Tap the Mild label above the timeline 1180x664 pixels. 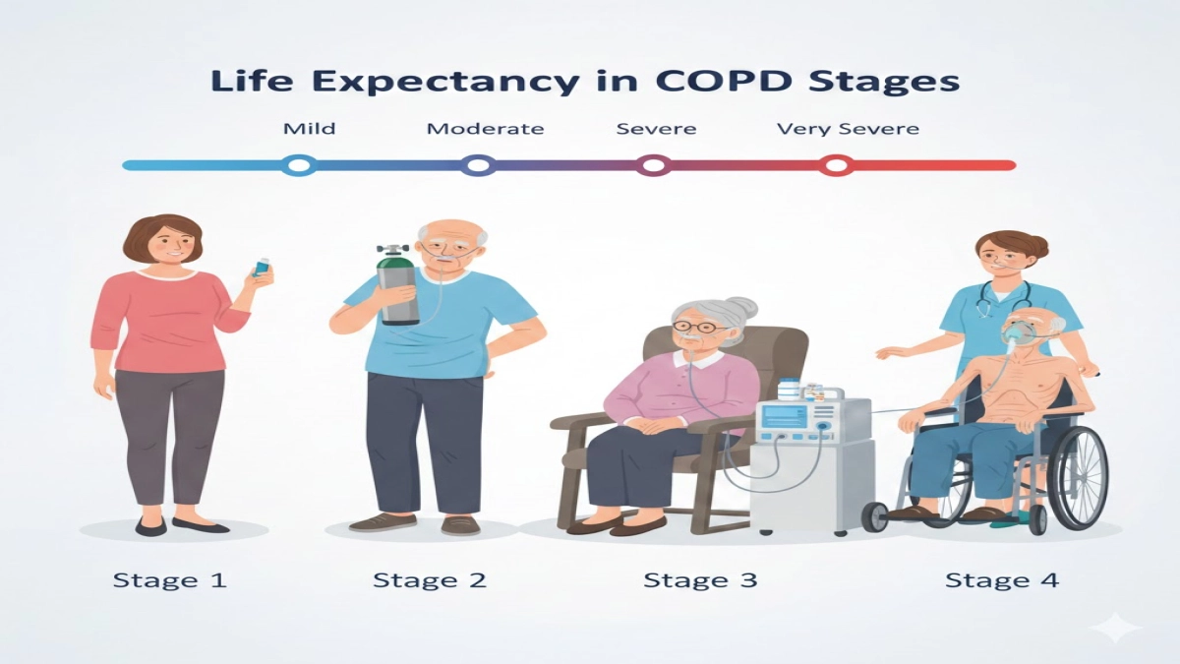click(x=309, y=129)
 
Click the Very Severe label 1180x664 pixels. click(x=848, y=129)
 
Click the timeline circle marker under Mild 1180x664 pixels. click(x=298, y=165)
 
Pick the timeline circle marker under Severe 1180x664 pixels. click(x=654, y=165)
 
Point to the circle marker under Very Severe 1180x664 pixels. click(x=836, y=165)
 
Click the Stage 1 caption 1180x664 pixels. click(x=170, y=579)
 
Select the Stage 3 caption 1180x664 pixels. click(x=700, y=579)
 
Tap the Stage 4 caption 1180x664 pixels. click(x=1001, y=579)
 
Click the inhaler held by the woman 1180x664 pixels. click(x=262, y=268)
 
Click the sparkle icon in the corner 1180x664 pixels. click(x=1122, y=627)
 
